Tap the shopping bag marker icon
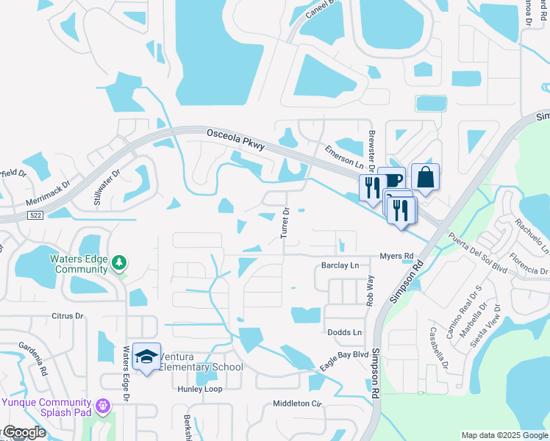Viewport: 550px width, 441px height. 425,176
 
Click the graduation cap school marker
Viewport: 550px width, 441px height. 147,356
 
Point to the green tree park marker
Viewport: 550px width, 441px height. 120,262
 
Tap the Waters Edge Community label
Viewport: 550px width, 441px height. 79,264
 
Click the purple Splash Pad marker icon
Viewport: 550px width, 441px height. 102,404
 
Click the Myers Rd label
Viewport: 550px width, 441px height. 397,256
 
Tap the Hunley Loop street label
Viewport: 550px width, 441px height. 199,389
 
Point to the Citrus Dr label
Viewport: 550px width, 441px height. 68,316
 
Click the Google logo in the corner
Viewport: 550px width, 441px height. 24,432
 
